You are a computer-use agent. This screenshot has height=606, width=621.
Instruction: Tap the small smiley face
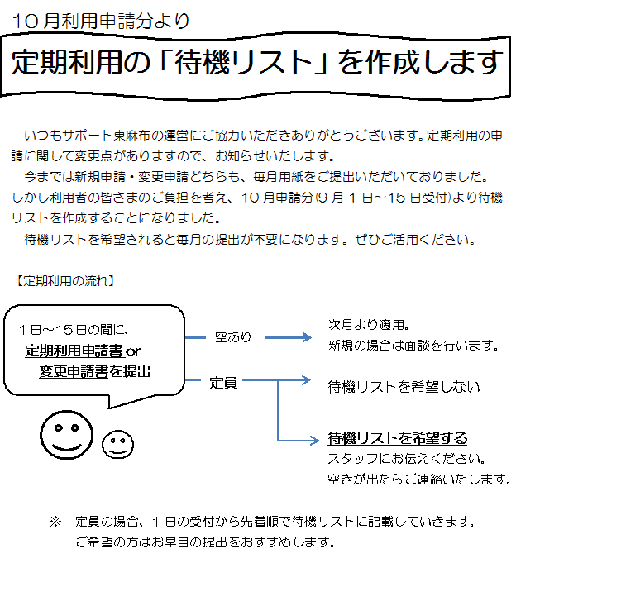point(117,443)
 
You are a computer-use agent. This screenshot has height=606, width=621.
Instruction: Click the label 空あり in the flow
point(233,337)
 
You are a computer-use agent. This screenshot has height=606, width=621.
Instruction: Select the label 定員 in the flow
point(223,383)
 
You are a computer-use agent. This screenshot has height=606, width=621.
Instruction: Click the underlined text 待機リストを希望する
point(398,438)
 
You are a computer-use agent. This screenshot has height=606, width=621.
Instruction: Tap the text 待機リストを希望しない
point(404,386)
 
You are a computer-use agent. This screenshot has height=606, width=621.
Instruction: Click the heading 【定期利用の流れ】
point(64,280)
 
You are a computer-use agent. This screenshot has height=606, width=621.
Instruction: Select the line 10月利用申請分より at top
point(101,21)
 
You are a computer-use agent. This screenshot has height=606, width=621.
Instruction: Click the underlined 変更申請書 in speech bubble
point(74,371)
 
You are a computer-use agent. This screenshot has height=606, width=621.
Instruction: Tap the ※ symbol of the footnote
point(55,522)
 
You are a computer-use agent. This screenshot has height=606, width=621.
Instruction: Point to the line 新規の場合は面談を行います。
point(413,345)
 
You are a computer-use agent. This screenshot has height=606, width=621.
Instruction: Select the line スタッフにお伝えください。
point(406,459)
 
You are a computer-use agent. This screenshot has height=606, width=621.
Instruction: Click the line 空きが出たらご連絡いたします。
point(418,480)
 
